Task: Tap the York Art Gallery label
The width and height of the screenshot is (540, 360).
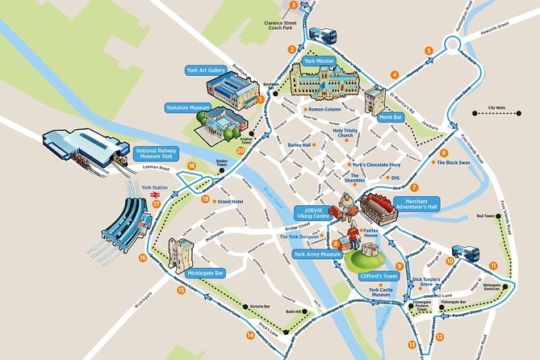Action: (x=205, y=70)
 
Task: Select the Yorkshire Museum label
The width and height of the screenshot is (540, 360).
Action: (x=187, y=107)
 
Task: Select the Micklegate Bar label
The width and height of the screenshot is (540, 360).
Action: (x=205, y=273)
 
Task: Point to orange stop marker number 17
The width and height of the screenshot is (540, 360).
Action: (x=156, y=204)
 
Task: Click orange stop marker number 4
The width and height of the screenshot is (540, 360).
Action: (x=394, y=75)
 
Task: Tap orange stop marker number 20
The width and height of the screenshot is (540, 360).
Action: (x=240, y=149)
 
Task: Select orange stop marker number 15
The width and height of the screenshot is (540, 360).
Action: (x=181, y=290)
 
